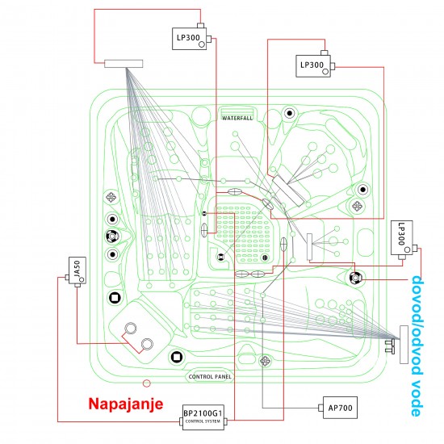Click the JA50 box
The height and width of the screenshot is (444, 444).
pyautogui.click(x=77, y=270)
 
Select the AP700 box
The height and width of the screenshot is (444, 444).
pyautogui.click(x=340, y=408)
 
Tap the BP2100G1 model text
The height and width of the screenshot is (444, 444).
pyautogui.click(x=203, y=413)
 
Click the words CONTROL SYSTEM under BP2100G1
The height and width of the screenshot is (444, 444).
pyautogui.click(x=203, y=421)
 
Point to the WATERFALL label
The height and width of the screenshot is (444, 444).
pyautogui.click(x=237, y=118)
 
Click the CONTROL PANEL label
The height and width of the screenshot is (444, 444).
pyautogui.click(x=210, y=377)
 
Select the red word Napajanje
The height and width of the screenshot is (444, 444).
pyautogui.click(x=126, y=404)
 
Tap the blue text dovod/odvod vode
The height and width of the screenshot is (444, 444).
pyautogui.click(x=417, y=346)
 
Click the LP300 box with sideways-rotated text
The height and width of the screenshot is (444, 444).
pyautogui.click(x=401, y=238)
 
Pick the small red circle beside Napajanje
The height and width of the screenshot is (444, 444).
pyautogui.click(x=146, y=383)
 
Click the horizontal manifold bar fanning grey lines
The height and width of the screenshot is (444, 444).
pyautogui.click(x=124, y=64)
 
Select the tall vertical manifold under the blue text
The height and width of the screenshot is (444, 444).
pyautogui.click(x=404, y=345)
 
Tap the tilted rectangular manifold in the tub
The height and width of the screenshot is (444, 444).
pyautogui.click(x=288, y=191)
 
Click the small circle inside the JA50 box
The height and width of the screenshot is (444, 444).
pyautogui.click(x=82, y=280)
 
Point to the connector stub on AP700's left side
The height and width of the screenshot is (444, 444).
pyautogui.click(x=320, y=408)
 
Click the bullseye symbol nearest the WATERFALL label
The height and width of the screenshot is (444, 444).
pyautogui.click(x=289, y=113)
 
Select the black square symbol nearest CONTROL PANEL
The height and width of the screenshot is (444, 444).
pyautogui.click(x=176, y=357)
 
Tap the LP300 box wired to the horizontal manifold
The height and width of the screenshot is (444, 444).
pyautogui.click(x=189, y=39)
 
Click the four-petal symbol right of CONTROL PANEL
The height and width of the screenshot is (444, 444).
pyautogui.click(x=265, y=361)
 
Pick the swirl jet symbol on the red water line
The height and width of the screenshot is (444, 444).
pyautogui.click(x=355, y=278)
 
